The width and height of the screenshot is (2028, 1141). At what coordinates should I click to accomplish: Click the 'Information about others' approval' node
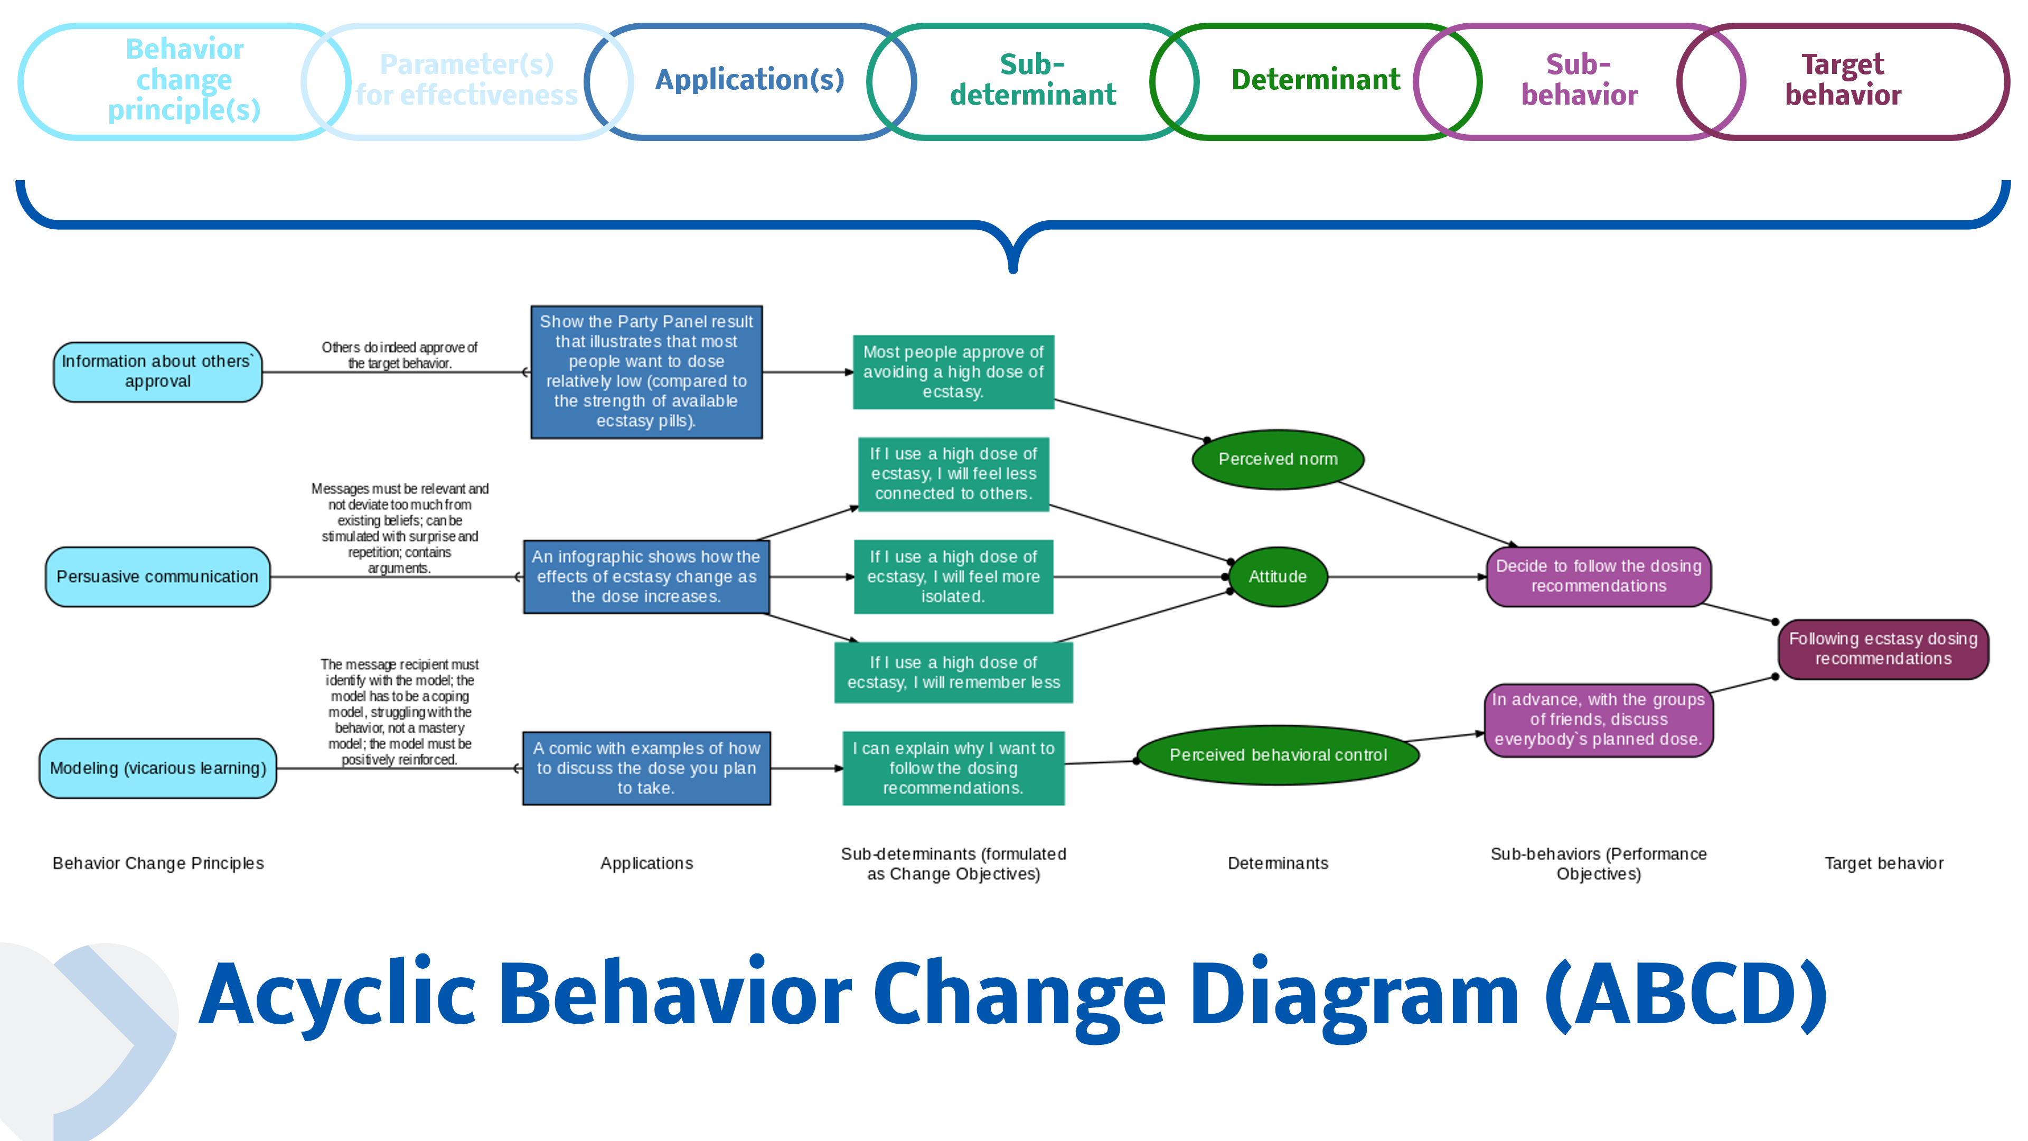point(157,372)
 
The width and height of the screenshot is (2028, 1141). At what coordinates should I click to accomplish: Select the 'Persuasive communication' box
point(157,576)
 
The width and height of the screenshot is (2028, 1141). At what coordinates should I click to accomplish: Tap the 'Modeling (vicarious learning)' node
point(157,768)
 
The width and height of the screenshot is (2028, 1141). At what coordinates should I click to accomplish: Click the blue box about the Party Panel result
point(646,372)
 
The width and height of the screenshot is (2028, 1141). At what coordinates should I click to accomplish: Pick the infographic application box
point(646,576)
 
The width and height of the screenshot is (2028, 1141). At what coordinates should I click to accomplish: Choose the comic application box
point(646,768)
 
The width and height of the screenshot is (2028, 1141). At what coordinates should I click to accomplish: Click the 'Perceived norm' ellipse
point(1278,459)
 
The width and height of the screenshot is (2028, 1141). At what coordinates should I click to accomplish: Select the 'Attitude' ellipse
point(1278,576)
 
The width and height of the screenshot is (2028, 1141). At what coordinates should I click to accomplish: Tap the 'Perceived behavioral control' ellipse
point(1278,754)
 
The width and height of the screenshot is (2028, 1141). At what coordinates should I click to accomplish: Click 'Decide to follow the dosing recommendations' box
point(1598,576)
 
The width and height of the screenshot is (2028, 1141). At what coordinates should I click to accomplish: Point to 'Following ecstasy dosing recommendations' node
point(1883,649)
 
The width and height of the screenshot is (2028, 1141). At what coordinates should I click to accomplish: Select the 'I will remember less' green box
point(953,672)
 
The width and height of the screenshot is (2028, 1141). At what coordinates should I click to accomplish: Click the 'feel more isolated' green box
point(953,576)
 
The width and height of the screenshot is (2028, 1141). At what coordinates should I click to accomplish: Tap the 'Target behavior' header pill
point(1842,80)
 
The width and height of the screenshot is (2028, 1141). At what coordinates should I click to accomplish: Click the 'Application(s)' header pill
point(749,80)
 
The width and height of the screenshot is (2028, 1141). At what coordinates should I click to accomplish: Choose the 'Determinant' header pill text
point(1315,80)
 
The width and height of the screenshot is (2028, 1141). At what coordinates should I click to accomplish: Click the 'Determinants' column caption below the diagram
point(1278,863)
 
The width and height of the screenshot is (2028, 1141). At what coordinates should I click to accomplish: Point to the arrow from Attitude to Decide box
point(1405,576)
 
